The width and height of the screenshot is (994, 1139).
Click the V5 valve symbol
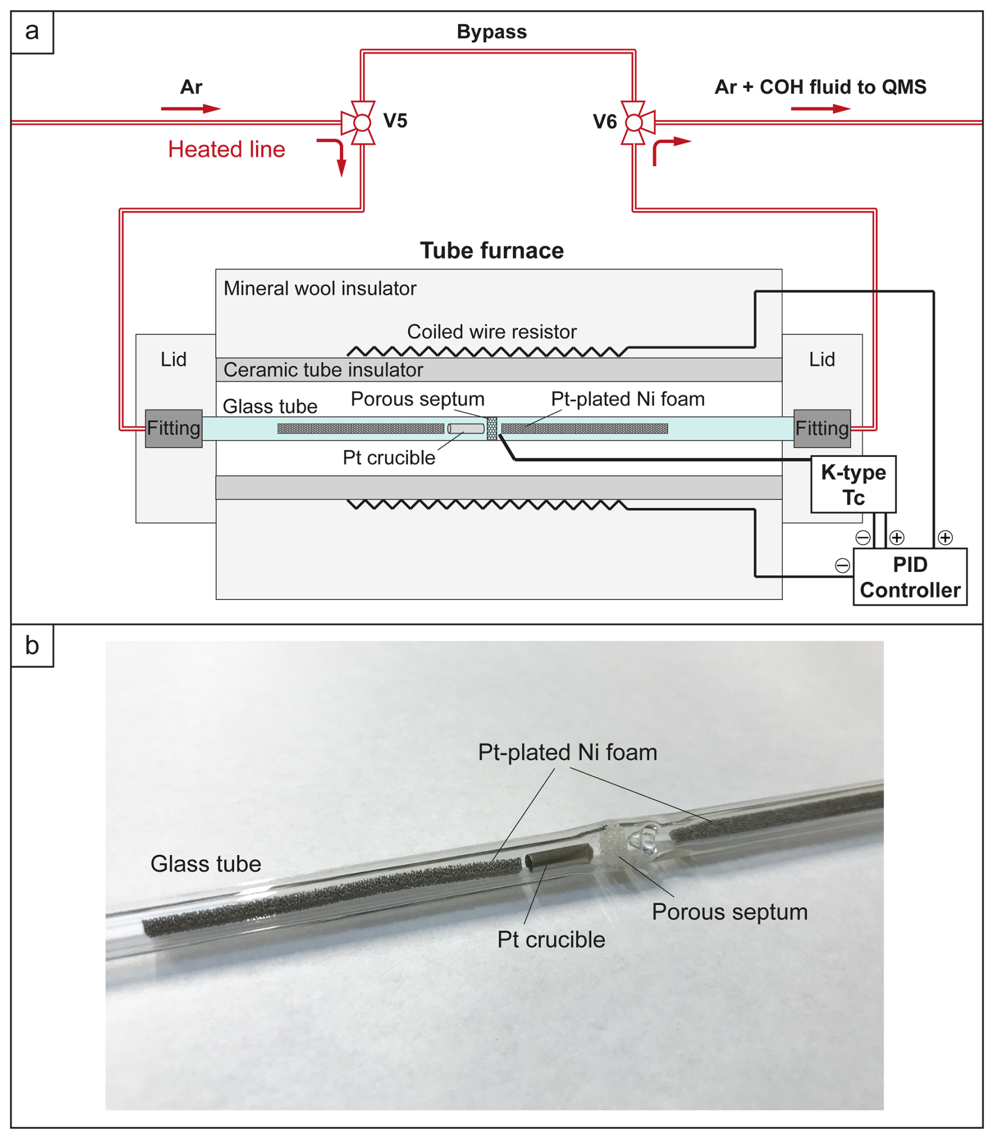(x=361, y=122)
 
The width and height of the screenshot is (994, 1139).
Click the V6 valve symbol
(x=634, y=122)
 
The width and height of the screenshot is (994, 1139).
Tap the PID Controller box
(x=910, y=577)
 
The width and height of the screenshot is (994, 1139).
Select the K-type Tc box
(x=853, y=484)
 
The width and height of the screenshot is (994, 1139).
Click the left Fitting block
(x=173, y=428)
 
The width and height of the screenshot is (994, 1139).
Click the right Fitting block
(x=822, y=428)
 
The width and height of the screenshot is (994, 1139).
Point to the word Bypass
(x=491, y=32)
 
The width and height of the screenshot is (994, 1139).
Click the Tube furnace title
(x=491, y=250)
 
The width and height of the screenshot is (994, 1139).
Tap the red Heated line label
(x=226, y=149)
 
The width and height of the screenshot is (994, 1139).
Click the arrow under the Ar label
(x=191, y=109)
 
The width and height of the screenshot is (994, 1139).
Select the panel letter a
(x=32, y=32)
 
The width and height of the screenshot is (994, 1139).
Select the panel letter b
(x=32, y=645)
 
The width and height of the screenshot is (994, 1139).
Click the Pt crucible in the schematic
(x=466, y=429)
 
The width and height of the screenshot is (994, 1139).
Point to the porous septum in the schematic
(x=492, y=429)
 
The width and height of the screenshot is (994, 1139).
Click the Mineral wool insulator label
(x=319, y=288)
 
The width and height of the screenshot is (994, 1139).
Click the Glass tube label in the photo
(x=206, y=864)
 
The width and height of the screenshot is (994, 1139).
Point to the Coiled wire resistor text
(x=491, y=331)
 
